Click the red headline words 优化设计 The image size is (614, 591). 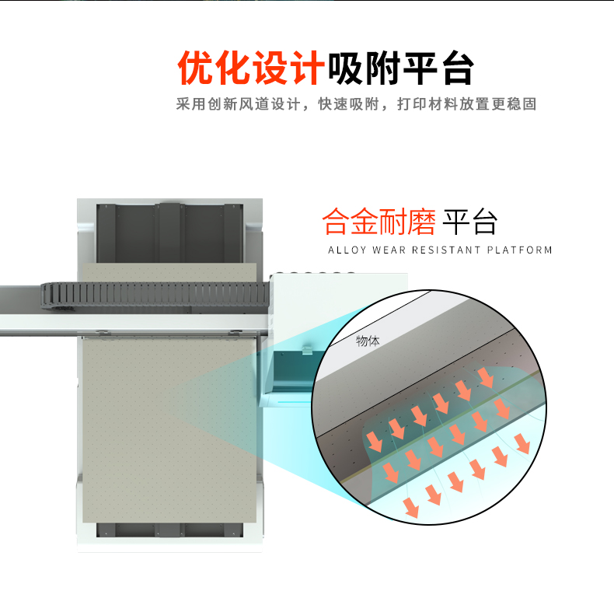point(250,68)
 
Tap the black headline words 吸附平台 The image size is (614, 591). point(400,68)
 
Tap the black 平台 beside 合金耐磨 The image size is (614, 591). point(469,222)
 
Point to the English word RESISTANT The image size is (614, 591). point(445,250)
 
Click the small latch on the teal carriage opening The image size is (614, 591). point(307,351)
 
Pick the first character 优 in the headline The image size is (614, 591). point(195,68)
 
